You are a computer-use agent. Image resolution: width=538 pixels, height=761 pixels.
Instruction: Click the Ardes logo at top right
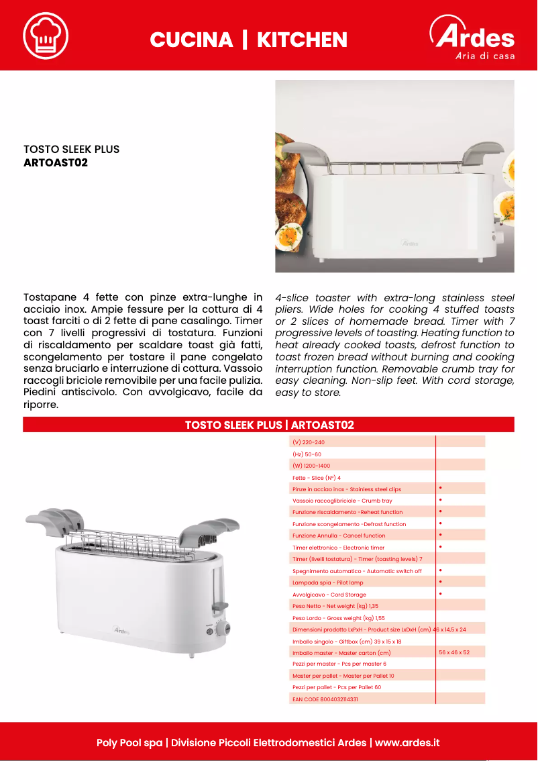point(472,38)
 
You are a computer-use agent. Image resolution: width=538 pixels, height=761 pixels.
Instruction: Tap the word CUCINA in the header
point(191,40)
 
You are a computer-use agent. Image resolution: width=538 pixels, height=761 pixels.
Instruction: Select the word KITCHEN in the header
point(302,40)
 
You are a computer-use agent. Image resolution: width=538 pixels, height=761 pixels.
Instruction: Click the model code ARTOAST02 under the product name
point(56,162)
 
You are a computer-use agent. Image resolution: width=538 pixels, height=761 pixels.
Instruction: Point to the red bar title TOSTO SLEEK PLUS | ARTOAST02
point(269,425)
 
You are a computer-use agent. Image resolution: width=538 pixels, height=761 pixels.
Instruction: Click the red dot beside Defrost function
point(440,523)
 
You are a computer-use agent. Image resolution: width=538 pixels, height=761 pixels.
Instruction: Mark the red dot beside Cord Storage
point(440,594)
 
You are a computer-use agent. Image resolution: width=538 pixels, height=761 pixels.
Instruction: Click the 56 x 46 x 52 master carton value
point(454,652)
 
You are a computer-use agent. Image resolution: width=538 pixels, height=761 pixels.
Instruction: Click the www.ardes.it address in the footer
point(407,743)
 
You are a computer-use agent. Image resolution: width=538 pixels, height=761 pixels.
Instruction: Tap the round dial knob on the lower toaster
point(226,628)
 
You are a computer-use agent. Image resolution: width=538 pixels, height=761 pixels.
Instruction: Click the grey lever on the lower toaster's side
point(218,608)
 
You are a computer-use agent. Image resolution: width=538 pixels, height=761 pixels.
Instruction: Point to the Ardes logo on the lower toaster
point(121,630)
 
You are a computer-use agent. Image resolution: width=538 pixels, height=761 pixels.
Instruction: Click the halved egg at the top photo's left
point(290,236)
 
